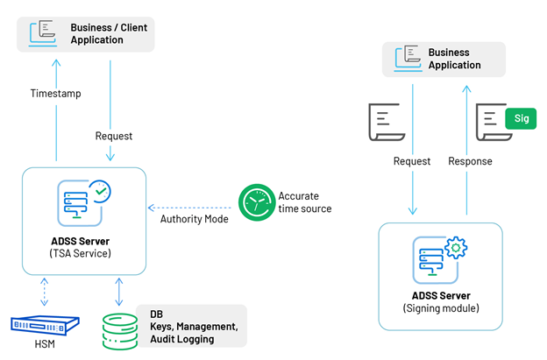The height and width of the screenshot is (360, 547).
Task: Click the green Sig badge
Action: [522, 118]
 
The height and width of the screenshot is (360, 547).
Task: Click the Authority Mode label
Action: [195, 218]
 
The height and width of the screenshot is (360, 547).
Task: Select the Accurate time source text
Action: [304, 202]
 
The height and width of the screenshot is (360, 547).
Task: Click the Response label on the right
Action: [470, 161]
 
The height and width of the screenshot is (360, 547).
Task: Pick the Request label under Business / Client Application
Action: [114, 136]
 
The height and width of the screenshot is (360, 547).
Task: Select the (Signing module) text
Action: [441, 308]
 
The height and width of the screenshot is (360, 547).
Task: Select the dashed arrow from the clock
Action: [190, 201]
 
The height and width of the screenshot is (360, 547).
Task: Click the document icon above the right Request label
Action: [385, 122]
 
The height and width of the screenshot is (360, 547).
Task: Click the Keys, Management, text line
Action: [194, 327]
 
